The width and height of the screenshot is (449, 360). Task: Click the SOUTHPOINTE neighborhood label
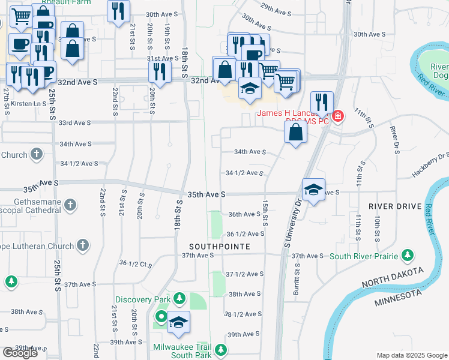point(218,247)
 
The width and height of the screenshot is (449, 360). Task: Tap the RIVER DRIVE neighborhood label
point(396,206)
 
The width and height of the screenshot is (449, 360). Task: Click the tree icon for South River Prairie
point(408,256)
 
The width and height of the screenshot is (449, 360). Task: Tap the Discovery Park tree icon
point(179,299)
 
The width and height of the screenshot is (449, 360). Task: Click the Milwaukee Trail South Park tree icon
point(221,349)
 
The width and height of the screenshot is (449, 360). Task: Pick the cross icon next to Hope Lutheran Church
point(83,245)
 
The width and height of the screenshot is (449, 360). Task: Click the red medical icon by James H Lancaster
point(337,115)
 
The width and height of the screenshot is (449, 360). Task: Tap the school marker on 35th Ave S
point(313,191)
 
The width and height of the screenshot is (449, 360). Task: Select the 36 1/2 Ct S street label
point(133,263)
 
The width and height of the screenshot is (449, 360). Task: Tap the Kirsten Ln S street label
point(28,103)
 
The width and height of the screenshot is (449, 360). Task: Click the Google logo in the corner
point(20,353)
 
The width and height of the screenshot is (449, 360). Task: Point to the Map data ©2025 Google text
point(411,355)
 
